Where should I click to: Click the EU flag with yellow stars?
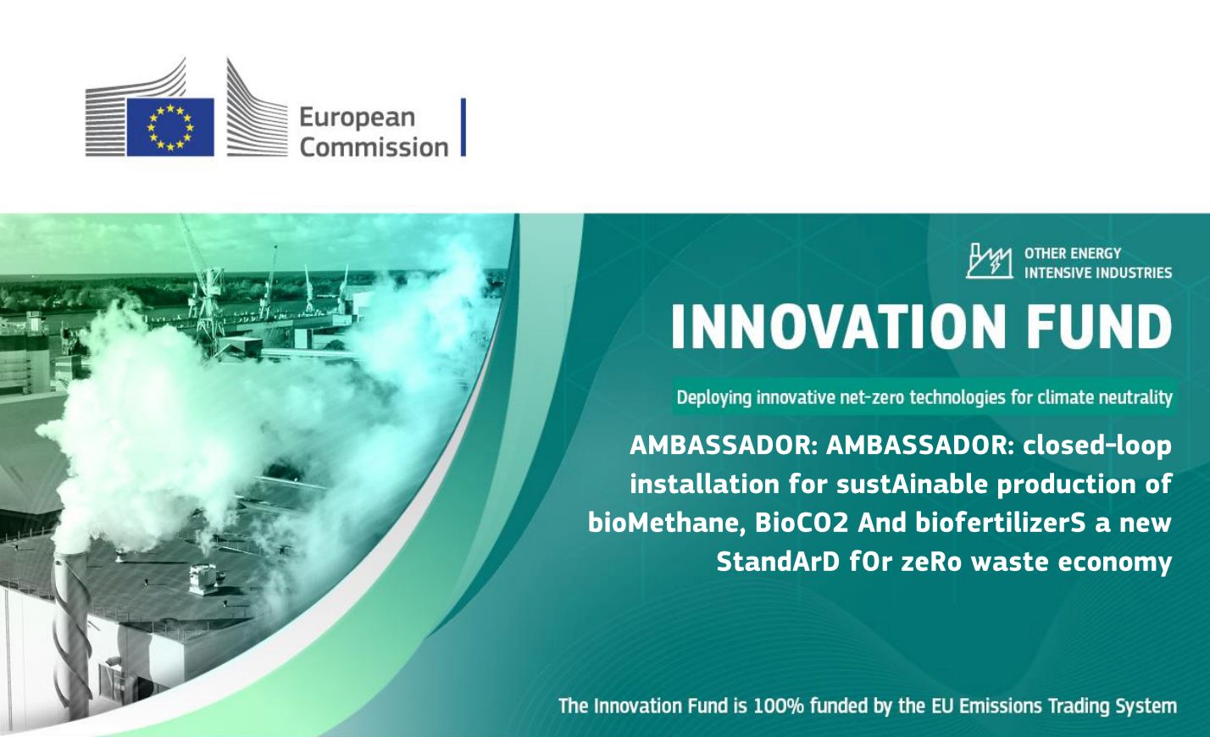pyautogui.click(x=170, y=127)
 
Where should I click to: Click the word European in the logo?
pyautogui.click(x=357, y=118)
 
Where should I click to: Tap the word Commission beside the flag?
pyautogui.click(x=374, y=147)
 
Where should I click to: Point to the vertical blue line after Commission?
pyautogui.click(x=463, y=127)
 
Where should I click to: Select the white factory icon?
pyautogui.click(x=989, y=261)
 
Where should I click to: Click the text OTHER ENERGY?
pyautogui.click(x=1073, y=253)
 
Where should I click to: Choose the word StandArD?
pyautogui.click(x=778, y=562)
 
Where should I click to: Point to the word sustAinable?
pyautogui.click(x=913, y=484)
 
